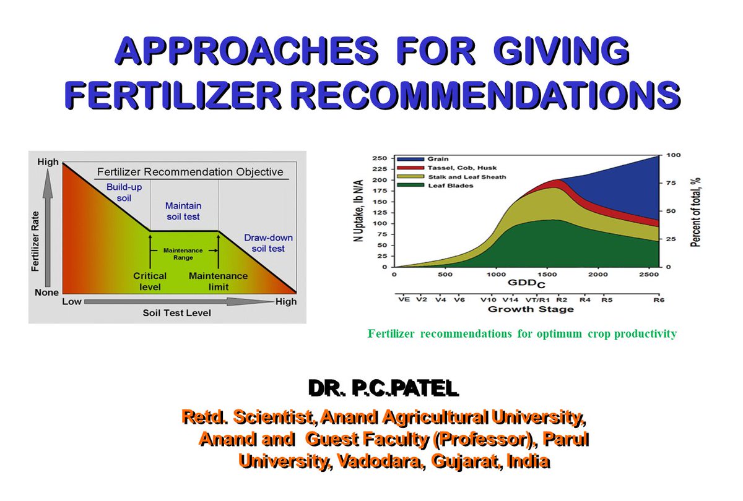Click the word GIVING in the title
[560, 51]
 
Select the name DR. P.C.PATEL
[383, 388]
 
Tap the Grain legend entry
[437, 159]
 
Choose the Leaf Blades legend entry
[446, 186]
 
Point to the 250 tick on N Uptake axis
[378, 158]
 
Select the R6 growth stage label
[657, 299]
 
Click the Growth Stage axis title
[530, 309]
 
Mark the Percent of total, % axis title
[695, 210]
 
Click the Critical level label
[149, 281]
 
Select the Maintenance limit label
[218, 281]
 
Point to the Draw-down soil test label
[268, 243]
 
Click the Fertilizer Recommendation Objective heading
[189, 172]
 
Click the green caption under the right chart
[522, 334]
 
